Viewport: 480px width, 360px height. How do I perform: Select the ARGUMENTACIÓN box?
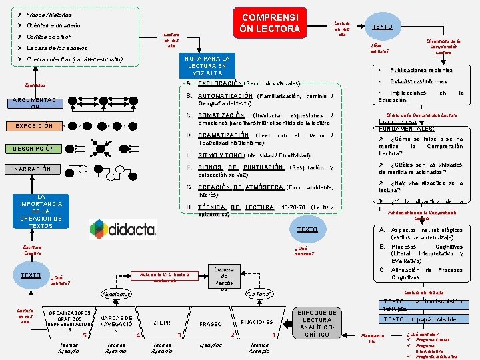pos(35,103)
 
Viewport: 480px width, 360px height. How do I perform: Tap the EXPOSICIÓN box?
pos(33,126)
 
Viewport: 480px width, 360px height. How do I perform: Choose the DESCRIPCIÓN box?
pos(33,148)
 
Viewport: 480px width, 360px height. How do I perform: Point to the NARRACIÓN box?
pos(33,169)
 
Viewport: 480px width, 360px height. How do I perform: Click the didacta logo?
pos(123,229)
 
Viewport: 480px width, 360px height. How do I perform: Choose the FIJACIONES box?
pos(257,321)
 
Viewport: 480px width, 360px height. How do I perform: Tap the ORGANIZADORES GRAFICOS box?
pos(70,321)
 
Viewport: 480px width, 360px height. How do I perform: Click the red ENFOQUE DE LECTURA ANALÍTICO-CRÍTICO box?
pos(317,323)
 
